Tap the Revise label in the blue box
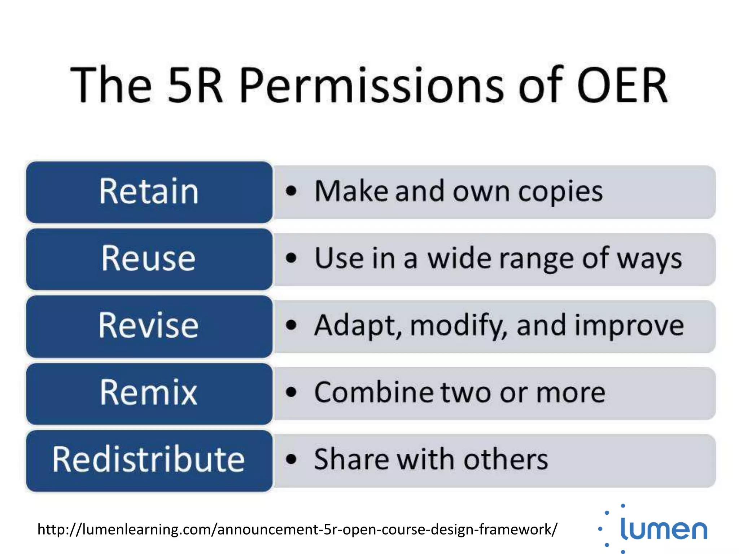point(148,325)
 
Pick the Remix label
point(148,392)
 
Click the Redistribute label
point(148,460)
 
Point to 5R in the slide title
point(195,86)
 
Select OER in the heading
point(622,86)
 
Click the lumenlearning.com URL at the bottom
point(297,529)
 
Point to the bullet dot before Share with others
point(291,460)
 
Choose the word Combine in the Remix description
point(374,392)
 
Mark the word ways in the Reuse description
point(650,260)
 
